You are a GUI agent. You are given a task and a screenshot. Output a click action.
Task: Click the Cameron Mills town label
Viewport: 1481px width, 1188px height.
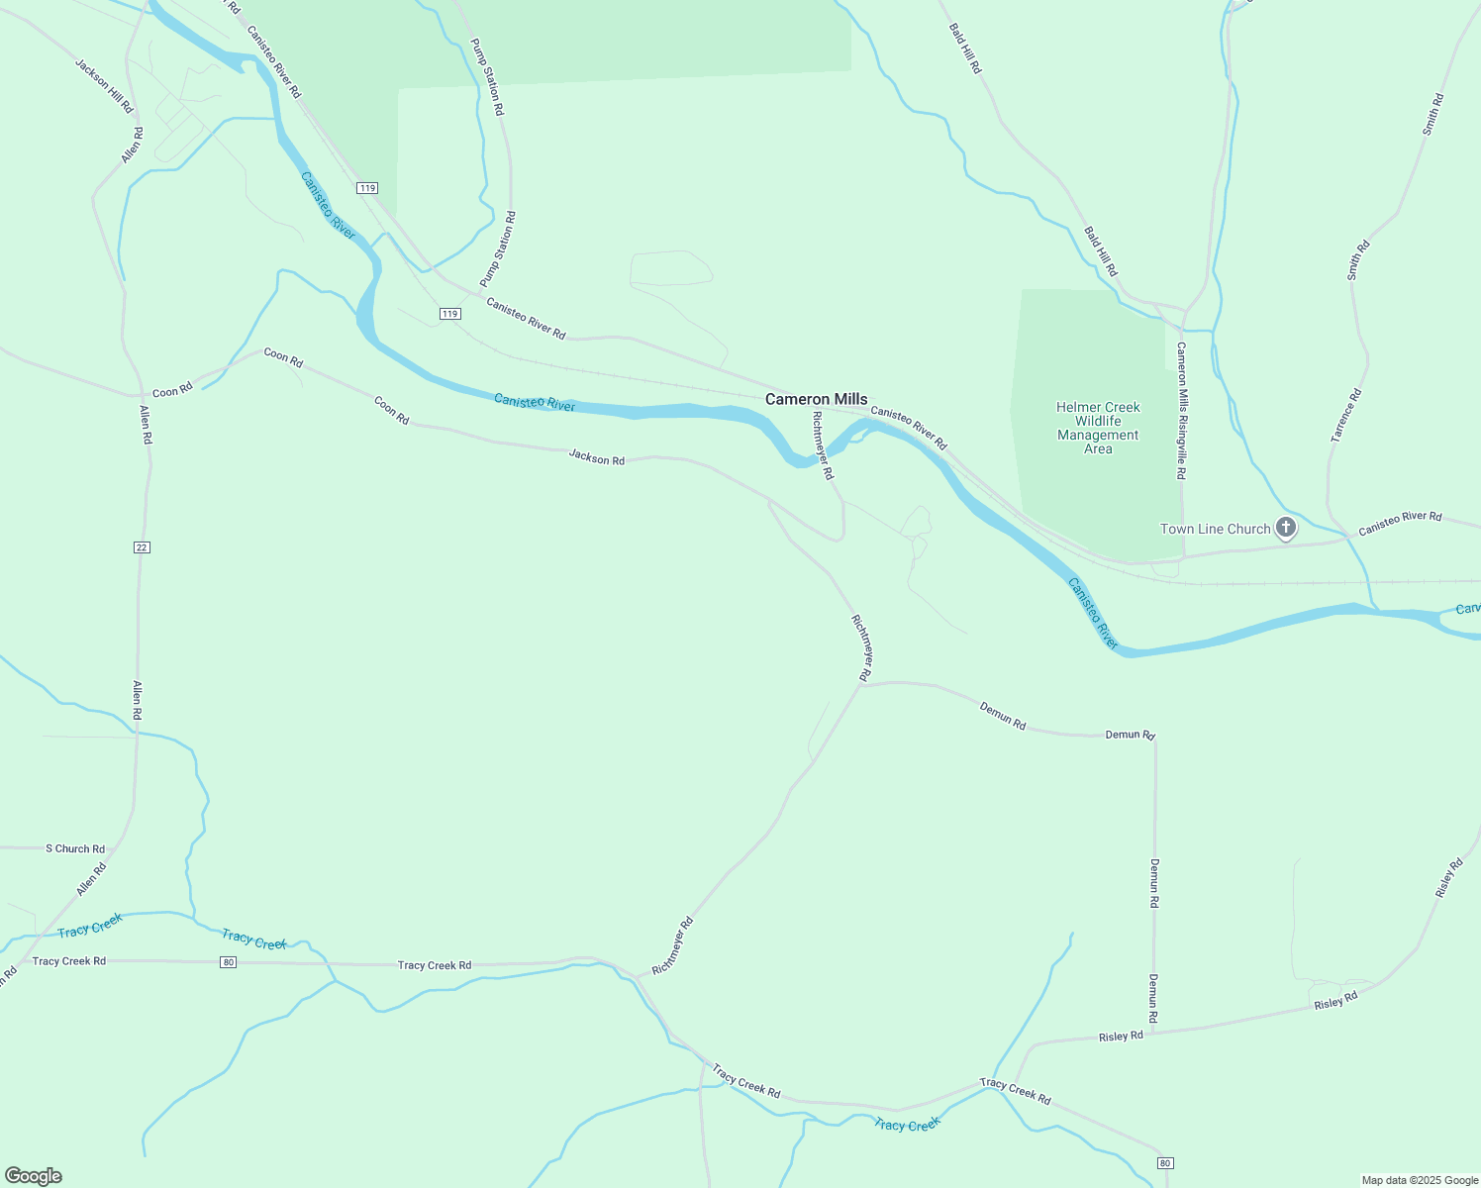[x=816, y=399]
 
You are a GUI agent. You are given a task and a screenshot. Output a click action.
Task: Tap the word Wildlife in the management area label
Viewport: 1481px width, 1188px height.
[x=1098, y=421]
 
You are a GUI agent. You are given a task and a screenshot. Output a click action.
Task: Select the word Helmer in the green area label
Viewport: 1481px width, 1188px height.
[x=1077, y=407]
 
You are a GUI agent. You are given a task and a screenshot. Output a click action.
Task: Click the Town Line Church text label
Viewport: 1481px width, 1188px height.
[x=1215, y=529]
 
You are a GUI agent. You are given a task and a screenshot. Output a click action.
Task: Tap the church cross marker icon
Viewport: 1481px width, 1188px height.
[x=1285, y=528]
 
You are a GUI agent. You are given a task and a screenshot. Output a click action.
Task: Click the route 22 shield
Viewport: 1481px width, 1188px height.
[x=142, y=547]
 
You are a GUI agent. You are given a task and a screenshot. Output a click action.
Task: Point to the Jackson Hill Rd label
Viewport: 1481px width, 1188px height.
[x=104, y=86]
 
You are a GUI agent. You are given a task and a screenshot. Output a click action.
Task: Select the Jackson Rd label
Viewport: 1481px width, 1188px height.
[x=596, y=458]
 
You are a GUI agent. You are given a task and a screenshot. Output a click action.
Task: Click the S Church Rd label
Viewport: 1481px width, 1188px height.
[x=75, y=848]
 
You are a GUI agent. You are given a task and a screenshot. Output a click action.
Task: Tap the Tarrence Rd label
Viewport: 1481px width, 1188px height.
[x=1346, y=415]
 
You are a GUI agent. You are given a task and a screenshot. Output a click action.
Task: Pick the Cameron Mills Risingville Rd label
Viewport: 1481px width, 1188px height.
[x=1181, y=411]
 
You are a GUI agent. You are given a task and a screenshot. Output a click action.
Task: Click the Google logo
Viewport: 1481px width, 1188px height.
[x=33, y=1176]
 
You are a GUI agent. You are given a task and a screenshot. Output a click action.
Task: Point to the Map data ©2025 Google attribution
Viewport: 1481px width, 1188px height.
[x=1420, y=1180]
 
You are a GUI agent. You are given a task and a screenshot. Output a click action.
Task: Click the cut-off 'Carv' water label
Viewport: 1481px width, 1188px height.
[x=1468, y=609]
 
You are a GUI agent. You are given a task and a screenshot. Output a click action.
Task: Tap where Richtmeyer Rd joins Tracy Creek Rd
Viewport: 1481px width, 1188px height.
[x=636, y=977]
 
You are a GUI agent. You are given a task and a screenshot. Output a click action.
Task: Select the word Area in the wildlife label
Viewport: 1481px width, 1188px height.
[x=1098, y=448]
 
